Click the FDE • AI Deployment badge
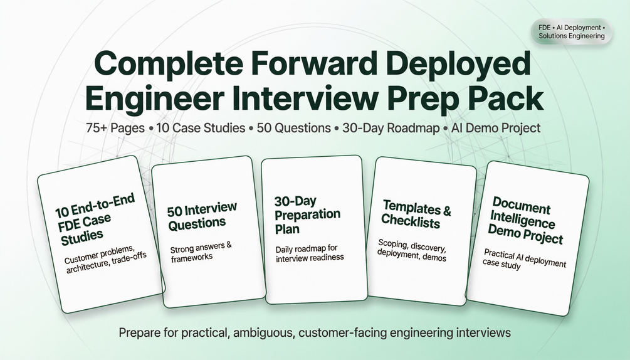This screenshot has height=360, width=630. pos(571,32)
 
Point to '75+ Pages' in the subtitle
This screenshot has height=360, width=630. pos(115,128)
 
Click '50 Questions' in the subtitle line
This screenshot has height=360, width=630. pos(294,128)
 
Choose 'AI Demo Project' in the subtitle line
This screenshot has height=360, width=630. pos(496,128)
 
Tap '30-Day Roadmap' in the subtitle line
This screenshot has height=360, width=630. pos(391,128)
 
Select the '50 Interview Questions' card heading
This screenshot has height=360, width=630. pos(202,216)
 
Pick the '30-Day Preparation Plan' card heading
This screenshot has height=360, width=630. pos(307,215)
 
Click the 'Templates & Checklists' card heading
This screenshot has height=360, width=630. pos(416,214)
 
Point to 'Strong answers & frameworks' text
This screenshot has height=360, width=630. pos(201,252)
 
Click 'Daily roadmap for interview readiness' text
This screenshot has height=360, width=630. pos(310,253)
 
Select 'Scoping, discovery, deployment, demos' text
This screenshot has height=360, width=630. pos(412,250)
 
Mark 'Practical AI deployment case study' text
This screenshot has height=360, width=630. pos(524,260)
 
